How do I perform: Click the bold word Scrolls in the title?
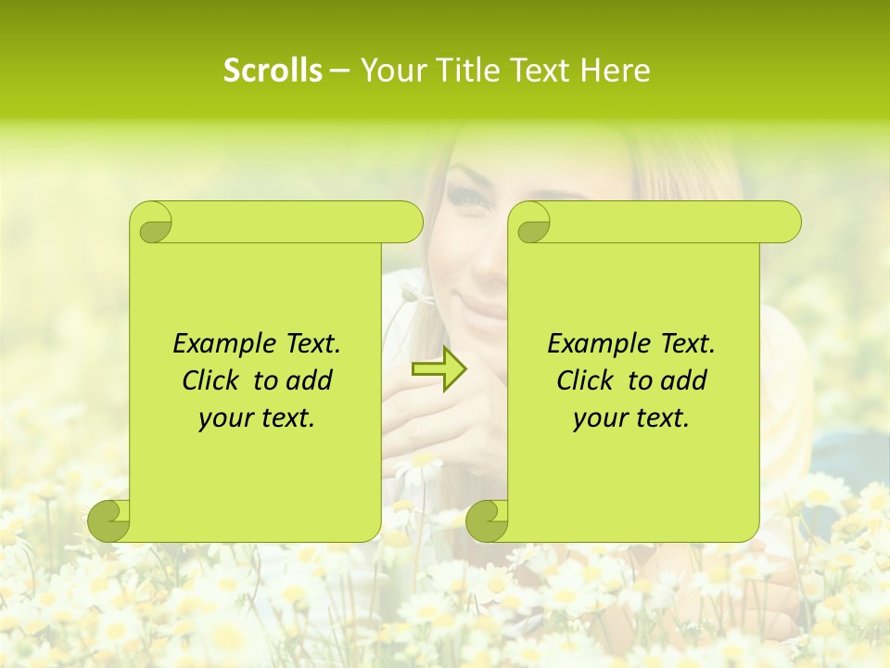pyautogui.click(x=273, y=71)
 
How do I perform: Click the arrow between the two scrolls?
pyautogui.click(x=439, y=368)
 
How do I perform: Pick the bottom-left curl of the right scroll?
pyautogui.click(x=486, y=520)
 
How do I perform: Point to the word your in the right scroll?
pyautogui.click(x=599, y=419)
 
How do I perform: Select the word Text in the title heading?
pyautogui.click(x=538, y=71)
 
